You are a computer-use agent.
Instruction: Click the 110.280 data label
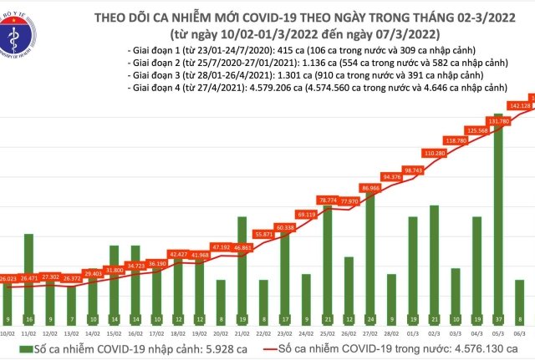pos(433,154)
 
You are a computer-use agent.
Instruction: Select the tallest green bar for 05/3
pos(497,226)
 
